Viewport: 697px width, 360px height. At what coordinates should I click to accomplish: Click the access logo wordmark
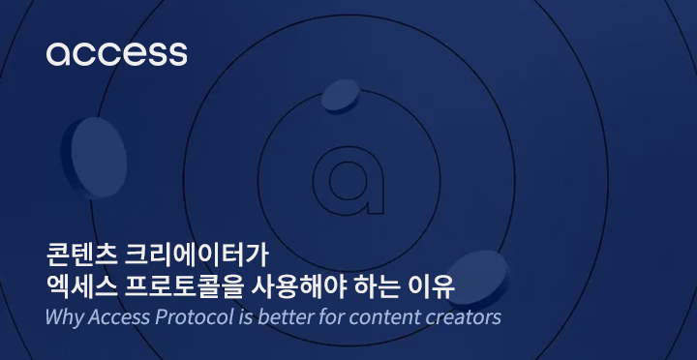click(116, 52)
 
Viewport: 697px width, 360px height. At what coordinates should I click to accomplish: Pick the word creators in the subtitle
click(460, 316)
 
